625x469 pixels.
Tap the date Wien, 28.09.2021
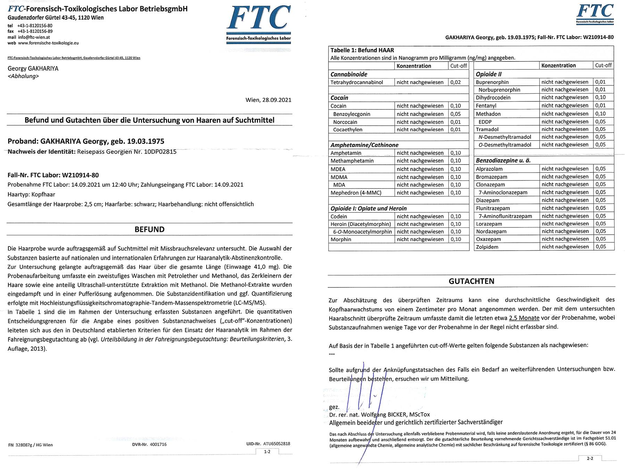pyautogui.click(x=268, y=100)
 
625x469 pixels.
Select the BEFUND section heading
pyautogui.click(x=149, y=229)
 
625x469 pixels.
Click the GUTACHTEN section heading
pyautogui.click(x=471, y=281)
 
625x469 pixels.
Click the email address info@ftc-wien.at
pyautogui.click(x=34, y=37)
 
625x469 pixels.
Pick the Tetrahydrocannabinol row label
pyautogui.click(x=357, y=82)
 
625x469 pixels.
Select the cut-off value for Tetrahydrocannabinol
pyautogui.click(x=455, y=82)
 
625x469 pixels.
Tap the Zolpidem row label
pyautogui.click(x=487, y=247)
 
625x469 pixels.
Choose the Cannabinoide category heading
pyautogui.click(x=349, y=74)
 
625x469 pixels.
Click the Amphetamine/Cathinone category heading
pyautogui.click(x=364, y=145)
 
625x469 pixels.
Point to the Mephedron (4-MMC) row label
pyautogui.click(x=356, y=193)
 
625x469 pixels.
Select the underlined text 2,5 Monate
pyautogui.click(x=524, y=318)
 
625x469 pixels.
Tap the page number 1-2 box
pyautogui.click(x=267, y=452)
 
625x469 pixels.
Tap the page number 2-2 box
pyautogui.click(x=590, y=458)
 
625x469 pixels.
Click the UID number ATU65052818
pyautogui.click(x=276, y=444)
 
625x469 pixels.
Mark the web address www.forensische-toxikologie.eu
pyautogui.click(x=48, y=43)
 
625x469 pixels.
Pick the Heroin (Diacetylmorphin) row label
pyautogui.click(x=360, y=224)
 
